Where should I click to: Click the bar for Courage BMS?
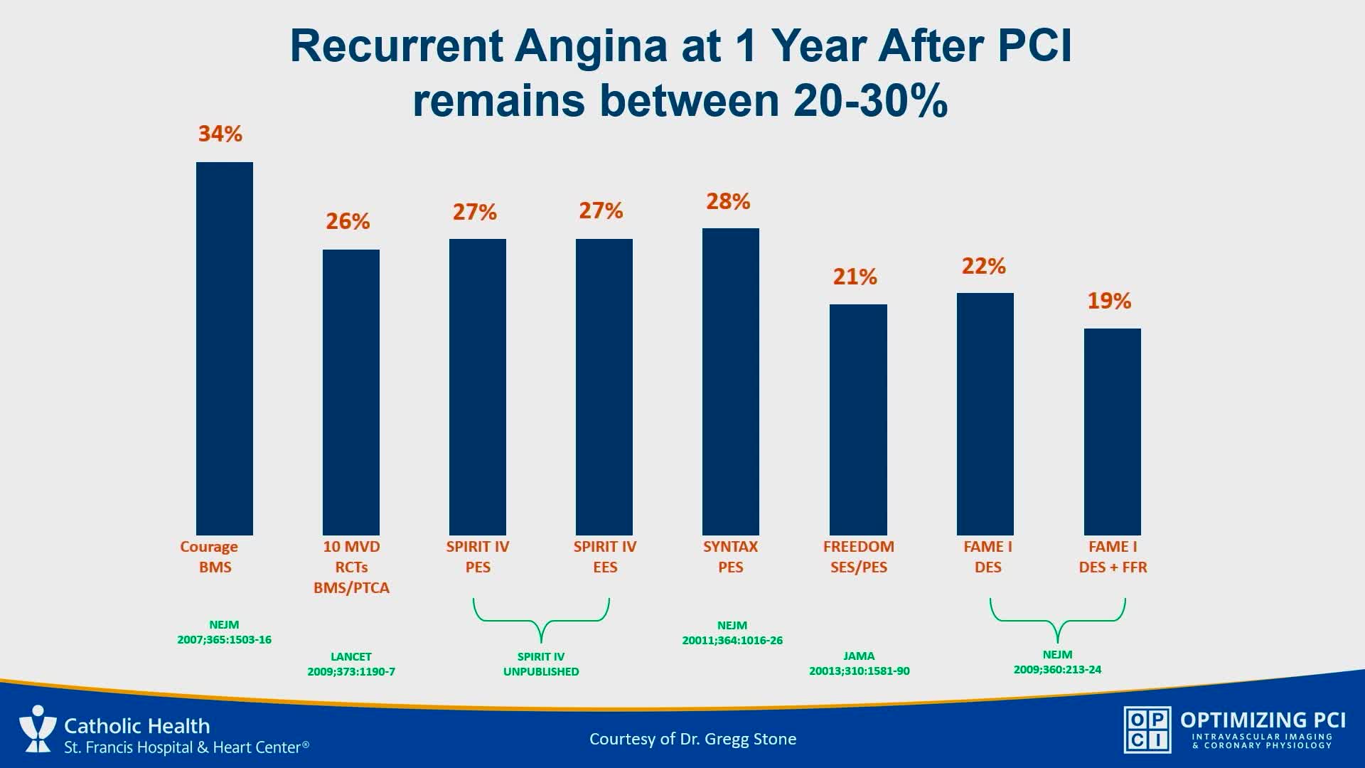pos(224,348)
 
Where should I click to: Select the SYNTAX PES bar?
pos(730,381)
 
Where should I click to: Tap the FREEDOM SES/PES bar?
pos(858,420)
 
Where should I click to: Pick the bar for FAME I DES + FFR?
pos(1112,432)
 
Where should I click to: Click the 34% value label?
pos(220,134)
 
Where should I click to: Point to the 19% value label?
pos(1109,301)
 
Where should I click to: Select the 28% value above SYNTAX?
pos(728,201)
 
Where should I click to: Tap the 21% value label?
pos(855,277)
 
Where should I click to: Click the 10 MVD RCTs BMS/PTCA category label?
pos(351,567)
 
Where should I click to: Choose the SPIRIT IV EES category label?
pos(605,557)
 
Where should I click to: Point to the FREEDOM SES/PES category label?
pos(859,557)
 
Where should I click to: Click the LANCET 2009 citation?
pos(351,664)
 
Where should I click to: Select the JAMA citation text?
pos(859,663)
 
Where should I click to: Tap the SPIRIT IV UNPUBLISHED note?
pos(541,664)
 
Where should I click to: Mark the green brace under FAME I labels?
pos(1057,619)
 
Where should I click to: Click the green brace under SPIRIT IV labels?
pos(541,619)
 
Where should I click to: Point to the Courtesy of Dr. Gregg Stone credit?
pos(692,739)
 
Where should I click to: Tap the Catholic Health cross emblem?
pos(37,728)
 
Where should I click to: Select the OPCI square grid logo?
pos(1147,730)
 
